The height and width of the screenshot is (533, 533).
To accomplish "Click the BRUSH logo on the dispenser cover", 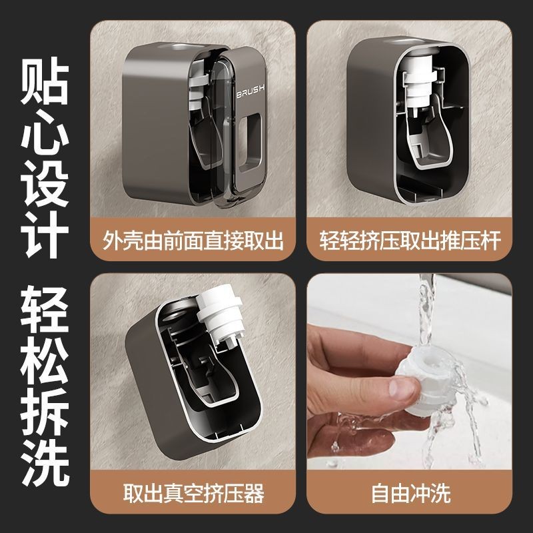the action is pyautogui.click(x=251, y=91).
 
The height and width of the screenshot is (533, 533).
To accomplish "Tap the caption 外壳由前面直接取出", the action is pyautogui.click(x=193, y=241).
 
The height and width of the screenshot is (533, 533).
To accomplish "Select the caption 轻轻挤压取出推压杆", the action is pyautogui.click(x=410, y=241).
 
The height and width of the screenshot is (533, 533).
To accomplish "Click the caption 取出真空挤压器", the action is pyautogui.click(x=193, y=493).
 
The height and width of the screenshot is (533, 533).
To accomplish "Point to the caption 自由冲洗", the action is pyautogui.click(x=410, y=493).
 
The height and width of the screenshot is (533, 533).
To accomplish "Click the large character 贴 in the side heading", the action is pyautogui.click(x=45, y=81).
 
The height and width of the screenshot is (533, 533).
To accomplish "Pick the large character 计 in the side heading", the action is pyautogui.click(x=45, y=234).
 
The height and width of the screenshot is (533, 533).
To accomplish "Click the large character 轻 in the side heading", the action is pyautogui.click(x=45, y=309).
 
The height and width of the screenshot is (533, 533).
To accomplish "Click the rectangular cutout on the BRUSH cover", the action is pyautogui.click(x=250, y=142).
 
